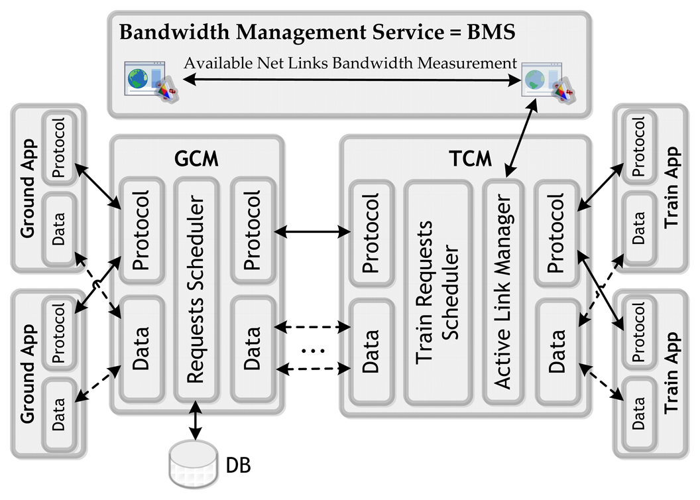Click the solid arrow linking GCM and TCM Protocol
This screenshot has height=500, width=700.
tap(311, 231)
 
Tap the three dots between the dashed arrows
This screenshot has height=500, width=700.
tap(311, 349)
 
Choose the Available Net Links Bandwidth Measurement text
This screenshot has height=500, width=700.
tap(350, 64)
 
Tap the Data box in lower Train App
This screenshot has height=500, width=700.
tap(638, 415)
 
